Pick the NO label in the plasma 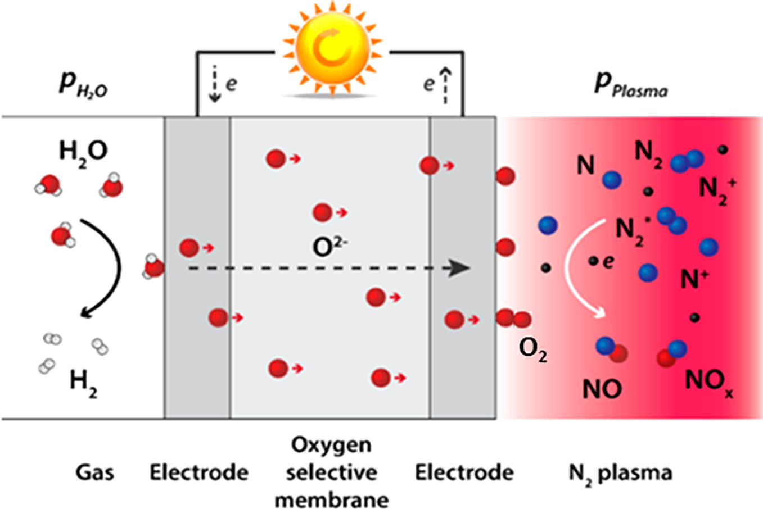click(602, 389)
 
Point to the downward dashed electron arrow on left click(215, 84)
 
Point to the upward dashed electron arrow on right click(445, 84)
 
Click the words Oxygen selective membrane click(331, 472)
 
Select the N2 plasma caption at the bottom click(620, 473)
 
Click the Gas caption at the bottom click(95, 473)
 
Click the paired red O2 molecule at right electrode click(513, 319)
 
